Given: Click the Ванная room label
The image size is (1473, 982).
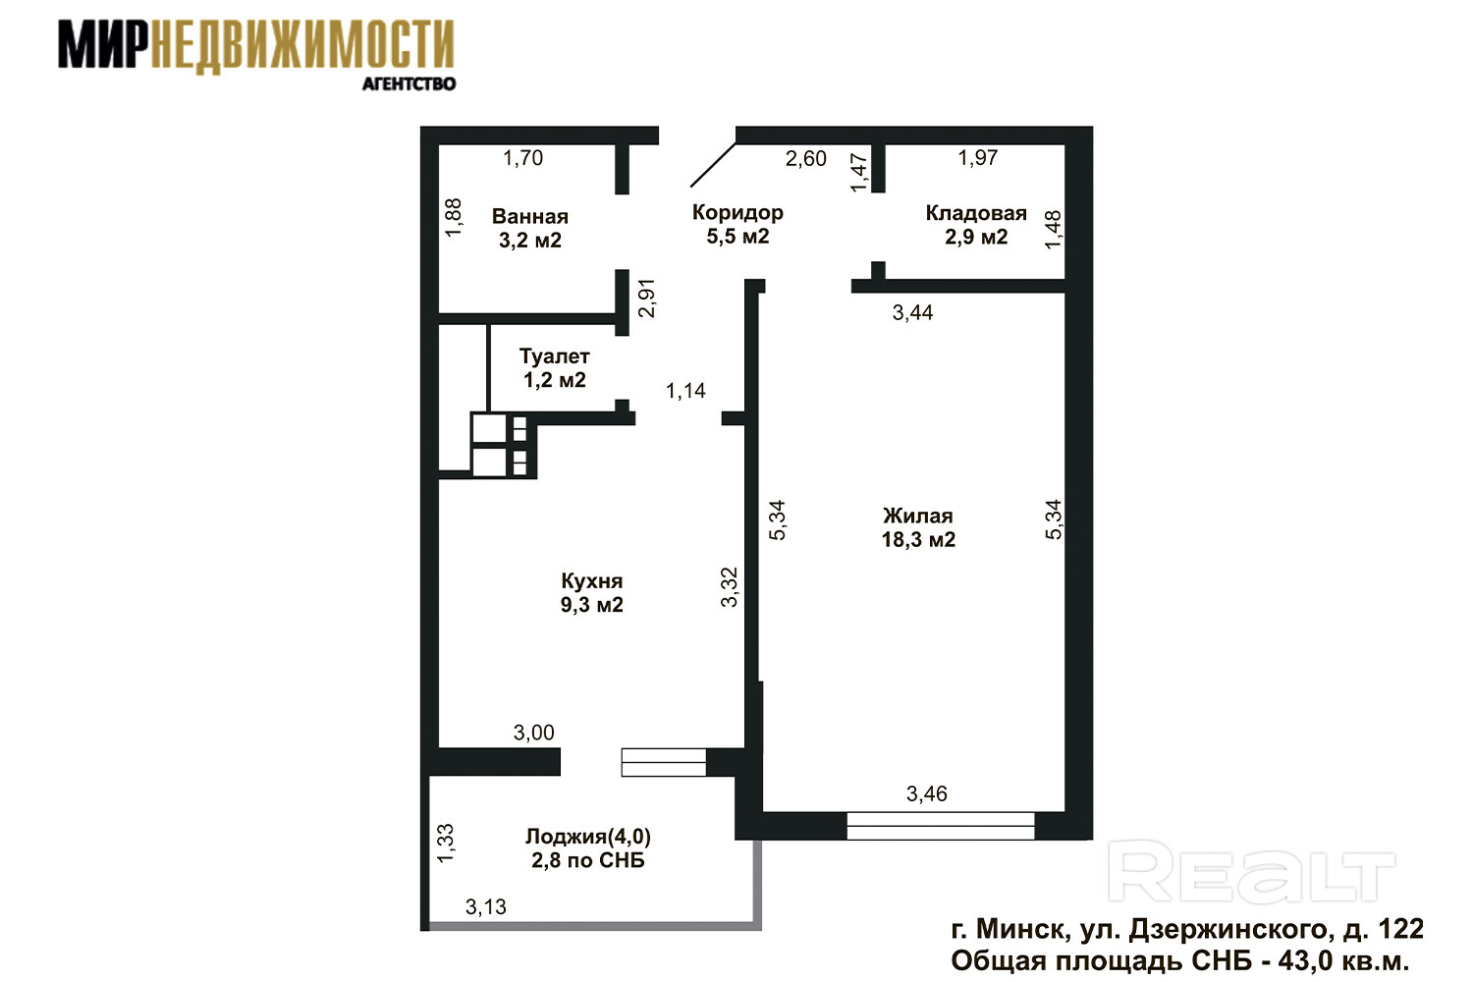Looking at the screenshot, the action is point(530,216).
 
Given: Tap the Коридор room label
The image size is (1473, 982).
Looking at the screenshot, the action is point(737,212).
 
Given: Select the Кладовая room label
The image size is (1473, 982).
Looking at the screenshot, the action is point(976,213).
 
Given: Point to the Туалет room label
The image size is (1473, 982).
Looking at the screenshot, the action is point(555,356).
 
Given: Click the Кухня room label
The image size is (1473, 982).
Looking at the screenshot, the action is point(592,581).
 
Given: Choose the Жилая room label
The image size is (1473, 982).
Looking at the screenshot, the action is point(918,517).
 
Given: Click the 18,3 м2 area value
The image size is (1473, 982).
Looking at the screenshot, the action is point(918,540).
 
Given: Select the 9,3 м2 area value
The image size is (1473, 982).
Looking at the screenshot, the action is point(592,605).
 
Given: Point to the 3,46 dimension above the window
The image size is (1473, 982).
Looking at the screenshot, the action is point(927,793).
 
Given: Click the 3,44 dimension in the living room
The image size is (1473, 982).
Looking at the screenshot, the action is point(912,312).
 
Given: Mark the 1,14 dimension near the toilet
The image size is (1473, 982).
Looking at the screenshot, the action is point(685,392).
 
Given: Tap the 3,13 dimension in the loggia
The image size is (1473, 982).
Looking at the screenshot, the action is point(486,907).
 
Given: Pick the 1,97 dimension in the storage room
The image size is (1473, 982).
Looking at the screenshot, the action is point(978,158).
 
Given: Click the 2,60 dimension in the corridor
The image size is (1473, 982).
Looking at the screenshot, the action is point(806,158).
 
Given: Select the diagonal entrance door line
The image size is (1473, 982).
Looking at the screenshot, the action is point(713,164).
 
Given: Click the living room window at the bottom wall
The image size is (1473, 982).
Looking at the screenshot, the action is point(941,826).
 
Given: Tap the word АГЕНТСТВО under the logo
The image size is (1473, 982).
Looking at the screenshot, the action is point(409,84).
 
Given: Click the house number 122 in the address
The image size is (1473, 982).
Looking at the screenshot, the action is point(1401,929).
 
